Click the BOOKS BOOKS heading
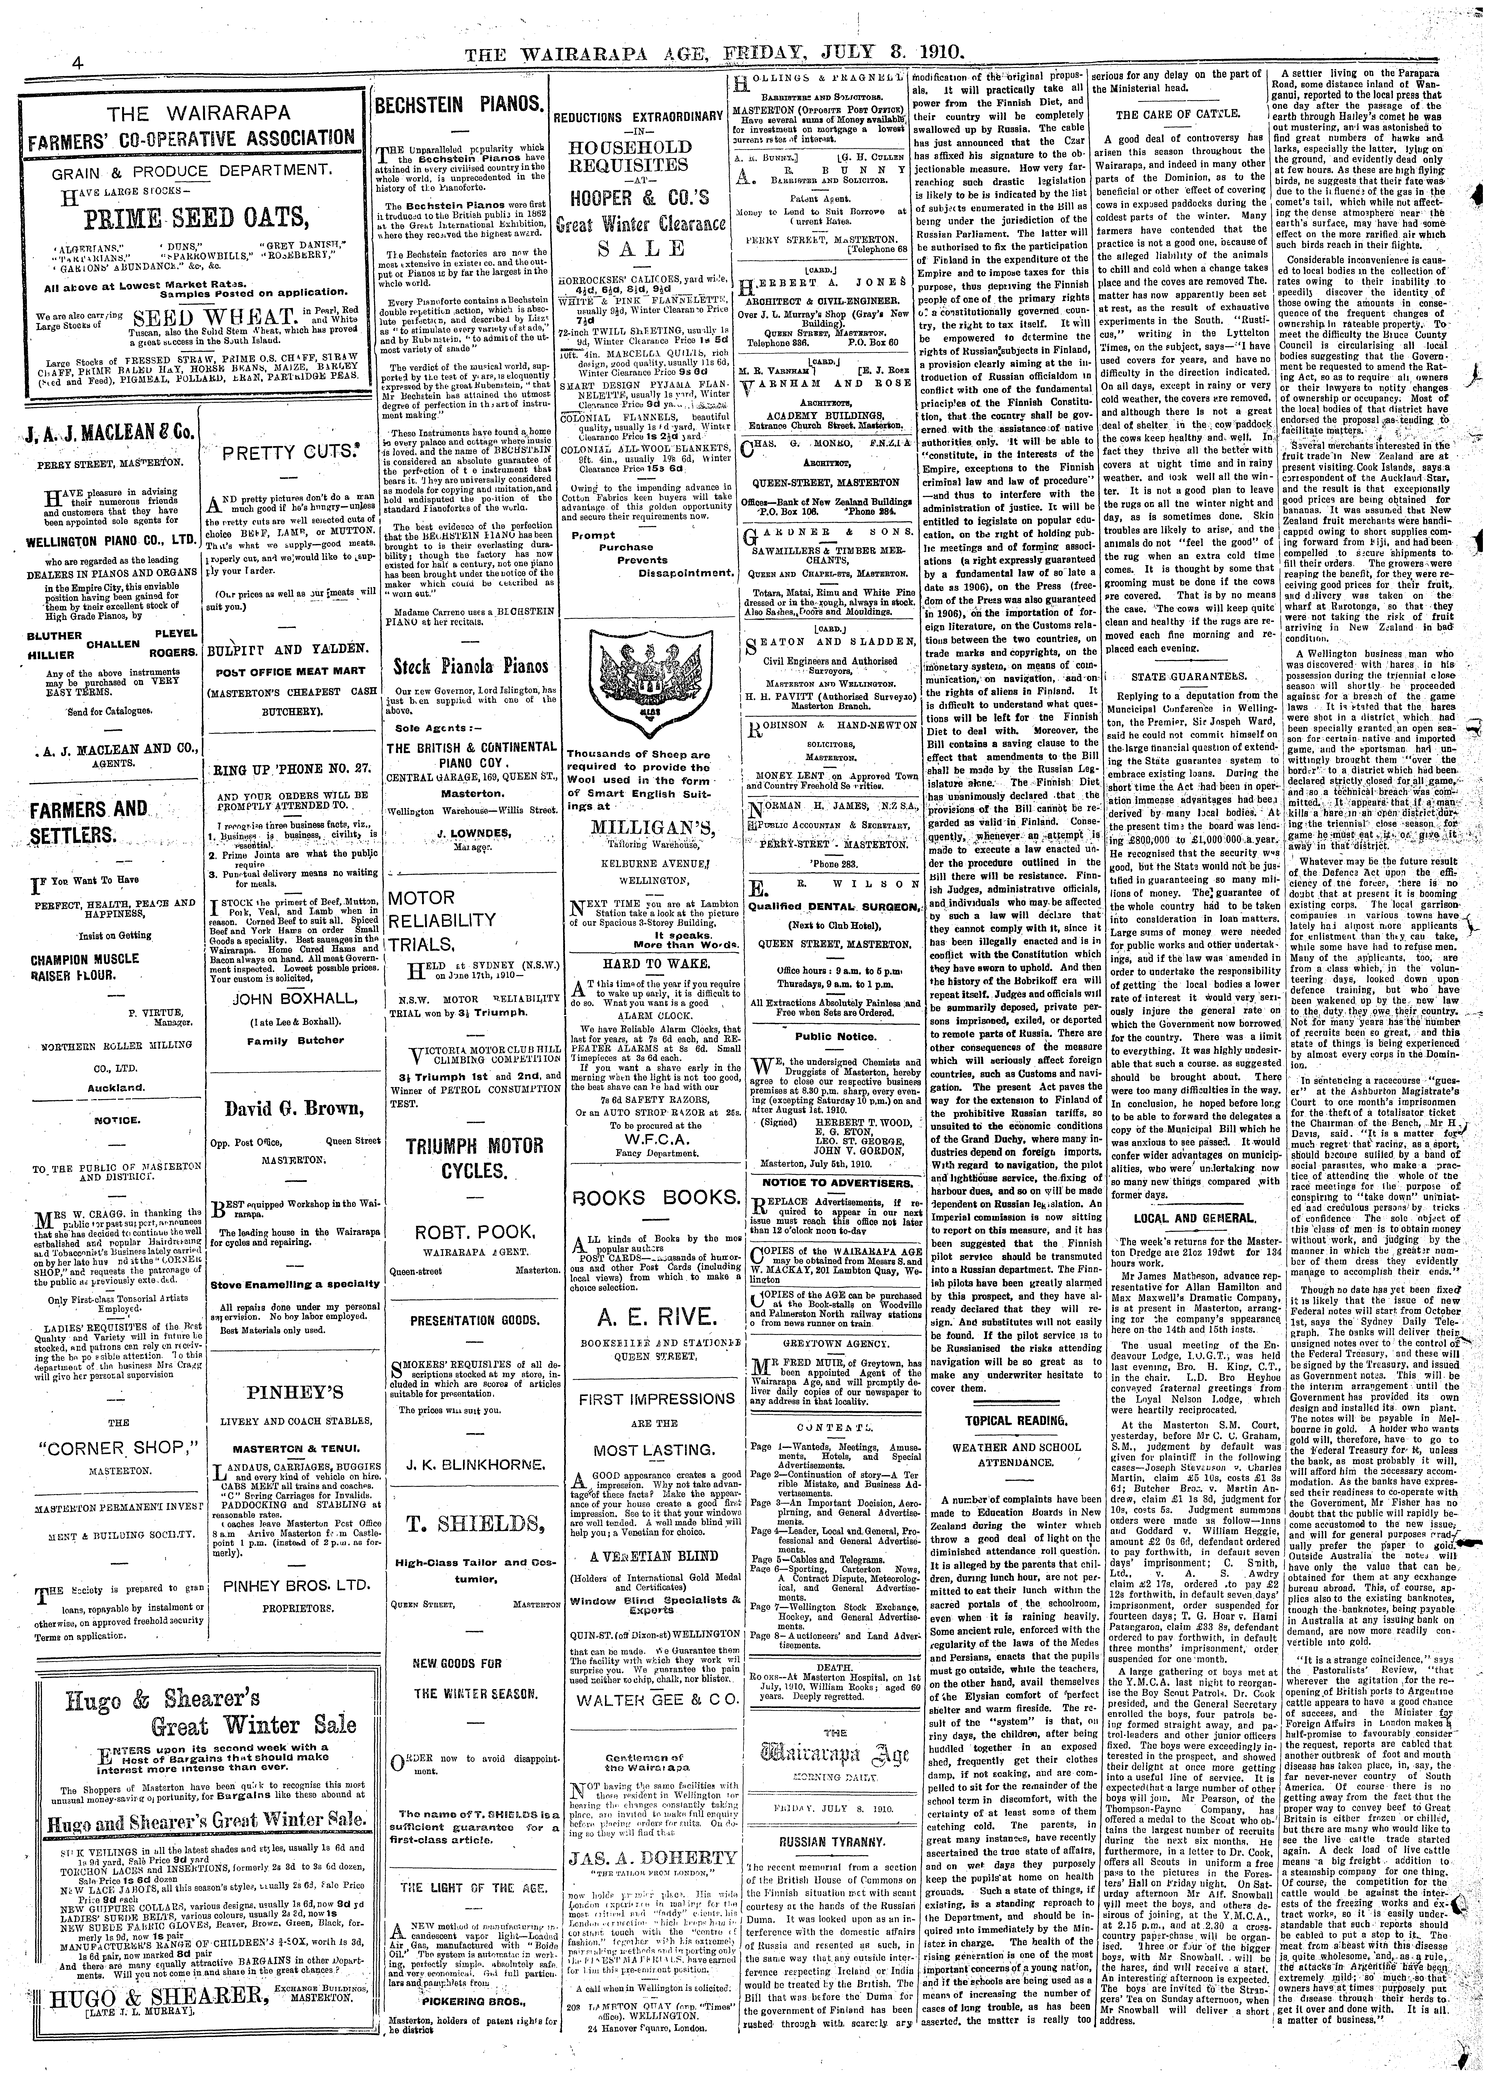(x=654, y=1199)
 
